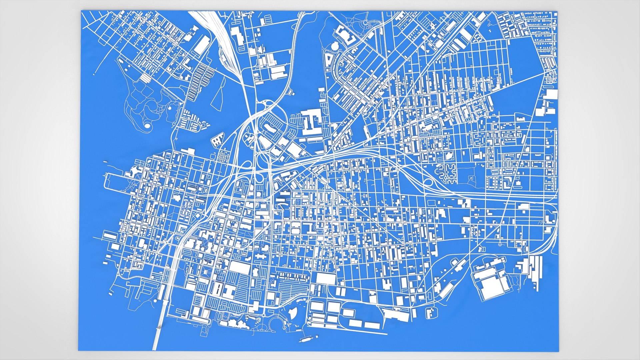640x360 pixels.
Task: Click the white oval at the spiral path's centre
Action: click(x=147, y=126)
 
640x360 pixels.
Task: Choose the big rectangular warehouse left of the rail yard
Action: click(x=202, y=45)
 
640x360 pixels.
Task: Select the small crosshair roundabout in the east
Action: click(x=500, y=245)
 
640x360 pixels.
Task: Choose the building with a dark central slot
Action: click(x=217, y=289)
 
